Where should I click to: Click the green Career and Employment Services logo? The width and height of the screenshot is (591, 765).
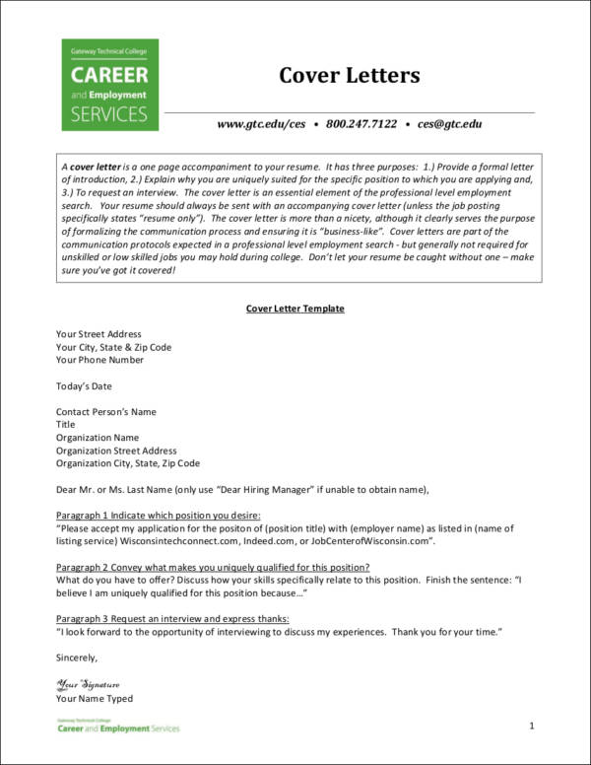click(x=109, y=85)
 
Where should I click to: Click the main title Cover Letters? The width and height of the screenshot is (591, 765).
click(x=350, y=76)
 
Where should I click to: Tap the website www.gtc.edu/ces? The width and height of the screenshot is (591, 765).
click(x=262, y=124)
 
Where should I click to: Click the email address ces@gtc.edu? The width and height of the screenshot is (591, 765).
click(x=449, y=124)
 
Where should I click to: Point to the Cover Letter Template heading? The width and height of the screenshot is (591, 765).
click(x=295, y=309)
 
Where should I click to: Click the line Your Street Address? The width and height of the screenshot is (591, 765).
click(x=98, y=334)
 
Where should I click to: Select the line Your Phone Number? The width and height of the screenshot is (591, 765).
click(x=99, y=360)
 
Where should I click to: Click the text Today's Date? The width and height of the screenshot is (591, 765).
click(x=87, y=385)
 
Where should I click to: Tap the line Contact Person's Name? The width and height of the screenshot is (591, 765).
click(x=105, y=411)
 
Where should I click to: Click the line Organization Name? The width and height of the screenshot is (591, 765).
click(x=98, y=437)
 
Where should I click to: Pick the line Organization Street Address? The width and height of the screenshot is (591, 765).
click(x=116, y=450)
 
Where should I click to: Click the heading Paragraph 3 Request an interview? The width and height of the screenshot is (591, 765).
click(x=172, y=617)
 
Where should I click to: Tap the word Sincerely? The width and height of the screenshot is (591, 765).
click(x=77, y=656)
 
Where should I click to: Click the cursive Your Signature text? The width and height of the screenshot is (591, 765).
click(x=88, y=683)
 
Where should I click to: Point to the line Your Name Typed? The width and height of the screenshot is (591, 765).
click(x=94, y=698)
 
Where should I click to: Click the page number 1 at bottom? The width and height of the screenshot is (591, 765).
click(x=531, y=726)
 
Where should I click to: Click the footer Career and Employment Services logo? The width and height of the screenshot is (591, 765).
click(x=117, y=727)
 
